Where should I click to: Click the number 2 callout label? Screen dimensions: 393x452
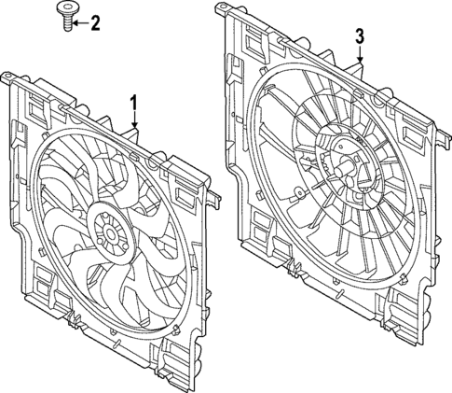94,21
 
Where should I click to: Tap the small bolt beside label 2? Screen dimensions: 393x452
68,17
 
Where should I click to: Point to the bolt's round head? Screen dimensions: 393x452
68,10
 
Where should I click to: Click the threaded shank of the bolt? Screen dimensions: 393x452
68,24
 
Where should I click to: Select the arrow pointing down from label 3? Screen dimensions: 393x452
359,54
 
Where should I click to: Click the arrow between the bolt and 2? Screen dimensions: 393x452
81,21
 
